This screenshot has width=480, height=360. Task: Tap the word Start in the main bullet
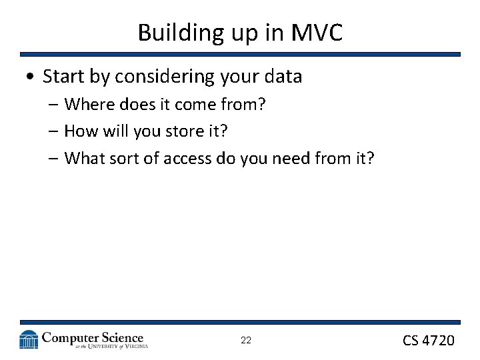64,77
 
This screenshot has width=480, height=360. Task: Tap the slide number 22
246,341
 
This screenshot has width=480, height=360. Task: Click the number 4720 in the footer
439,341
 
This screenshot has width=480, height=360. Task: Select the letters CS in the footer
410,341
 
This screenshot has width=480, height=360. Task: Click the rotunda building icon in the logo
29,340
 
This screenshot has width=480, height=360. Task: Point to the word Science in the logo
118,337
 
